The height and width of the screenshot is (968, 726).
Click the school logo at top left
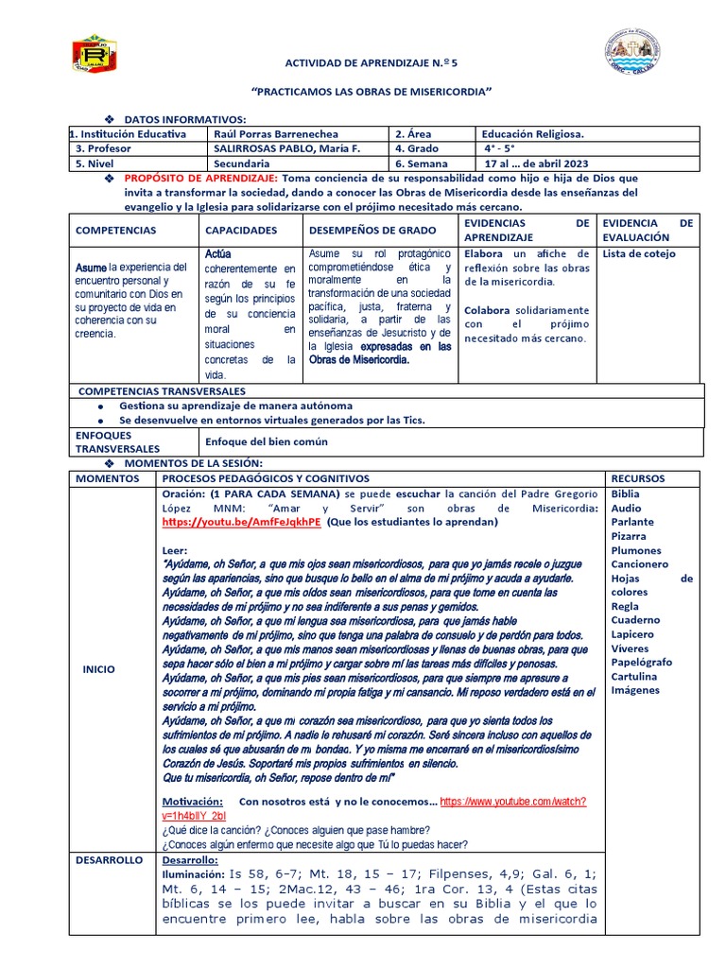[95, 53]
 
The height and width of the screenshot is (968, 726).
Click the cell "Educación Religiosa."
[540, 134]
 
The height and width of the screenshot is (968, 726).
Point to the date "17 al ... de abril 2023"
[536, 163]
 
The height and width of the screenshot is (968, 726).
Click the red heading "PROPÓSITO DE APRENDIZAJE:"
[201, 178]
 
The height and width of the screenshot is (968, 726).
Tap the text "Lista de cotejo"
[640, 254]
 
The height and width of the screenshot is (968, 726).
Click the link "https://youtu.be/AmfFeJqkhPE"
[241, 521]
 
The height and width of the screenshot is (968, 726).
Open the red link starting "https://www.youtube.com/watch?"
[513, 800]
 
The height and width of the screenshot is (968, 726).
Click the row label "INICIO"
[98, 668]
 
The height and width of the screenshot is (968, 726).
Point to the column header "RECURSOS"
[638, 478]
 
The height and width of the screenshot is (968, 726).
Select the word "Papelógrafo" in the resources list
[642, 662]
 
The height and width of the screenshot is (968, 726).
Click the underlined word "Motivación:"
[196, 801]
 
